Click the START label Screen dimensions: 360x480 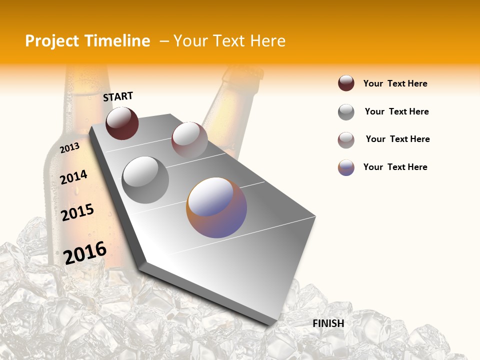118,96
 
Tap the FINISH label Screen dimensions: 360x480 328,323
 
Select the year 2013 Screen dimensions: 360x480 69,148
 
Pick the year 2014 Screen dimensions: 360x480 73,177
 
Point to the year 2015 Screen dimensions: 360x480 77,212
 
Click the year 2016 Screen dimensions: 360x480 85,252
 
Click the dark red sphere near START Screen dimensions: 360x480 122,123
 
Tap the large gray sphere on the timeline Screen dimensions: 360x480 145,179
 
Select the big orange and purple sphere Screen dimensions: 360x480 216,207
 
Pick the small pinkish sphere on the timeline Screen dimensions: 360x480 189,139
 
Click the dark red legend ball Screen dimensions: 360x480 346,83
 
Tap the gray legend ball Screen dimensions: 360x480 346,112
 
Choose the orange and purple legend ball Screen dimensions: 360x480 346,167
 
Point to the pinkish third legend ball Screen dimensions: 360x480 346,140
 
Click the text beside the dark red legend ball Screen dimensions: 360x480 395,83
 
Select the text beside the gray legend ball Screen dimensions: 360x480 396,111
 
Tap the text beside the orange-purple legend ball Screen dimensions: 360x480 395,167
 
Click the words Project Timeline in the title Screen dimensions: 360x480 87,41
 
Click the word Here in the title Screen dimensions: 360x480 267,41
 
